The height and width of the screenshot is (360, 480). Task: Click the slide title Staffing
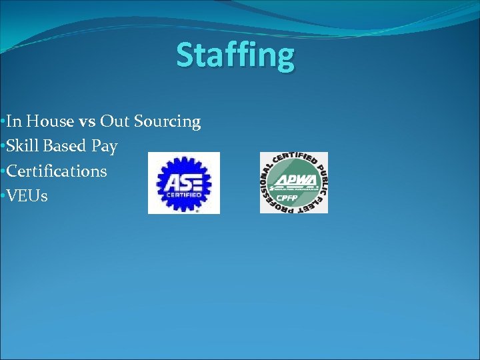point(235,55)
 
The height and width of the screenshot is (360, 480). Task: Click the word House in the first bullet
point(49,121)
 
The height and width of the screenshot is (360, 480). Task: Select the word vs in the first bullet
point(87,121)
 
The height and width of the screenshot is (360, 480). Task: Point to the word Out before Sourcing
point(115,121)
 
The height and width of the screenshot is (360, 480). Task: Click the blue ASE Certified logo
point(183,183)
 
